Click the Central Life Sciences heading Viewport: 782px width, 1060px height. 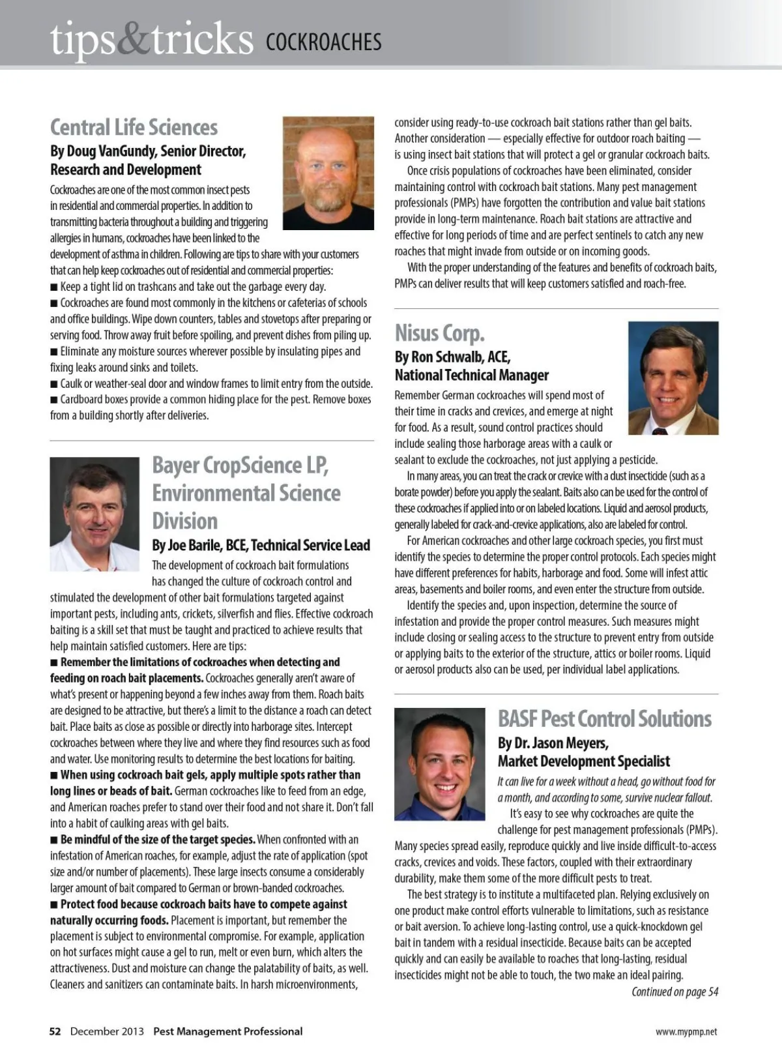pos(134,127)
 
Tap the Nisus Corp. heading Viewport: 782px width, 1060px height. pos(440,333)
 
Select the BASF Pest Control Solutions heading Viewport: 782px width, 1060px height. pos(605,718)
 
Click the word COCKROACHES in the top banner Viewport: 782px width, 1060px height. pos(324,42)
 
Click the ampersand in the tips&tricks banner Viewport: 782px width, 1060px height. pos(134,38)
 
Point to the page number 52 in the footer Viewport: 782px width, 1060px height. pos(55,1031)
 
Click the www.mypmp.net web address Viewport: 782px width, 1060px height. pos(686,1032)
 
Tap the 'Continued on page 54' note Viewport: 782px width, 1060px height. pos(674,992)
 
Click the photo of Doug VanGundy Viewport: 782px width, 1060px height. pos(328,173)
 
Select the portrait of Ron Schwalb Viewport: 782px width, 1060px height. pos(673,377)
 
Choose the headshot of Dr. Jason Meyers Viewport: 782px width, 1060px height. pos(440,763)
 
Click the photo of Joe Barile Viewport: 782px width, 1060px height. pos(94,514)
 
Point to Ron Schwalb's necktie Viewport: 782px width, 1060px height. pos(659,430)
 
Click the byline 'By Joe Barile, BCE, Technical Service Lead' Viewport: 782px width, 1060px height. pos(261,545)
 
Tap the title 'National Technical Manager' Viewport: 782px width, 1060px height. pos(472,375)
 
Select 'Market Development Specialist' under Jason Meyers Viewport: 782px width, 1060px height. pos(584,761)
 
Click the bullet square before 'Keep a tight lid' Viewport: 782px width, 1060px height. pos(54,287)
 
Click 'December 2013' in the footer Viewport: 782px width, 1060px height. pos(107,1031)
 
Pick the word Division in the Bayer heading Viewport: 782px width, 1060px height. pos(185,521)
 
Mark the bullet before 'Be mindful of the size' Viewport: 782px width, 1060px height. pos(54,840)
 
